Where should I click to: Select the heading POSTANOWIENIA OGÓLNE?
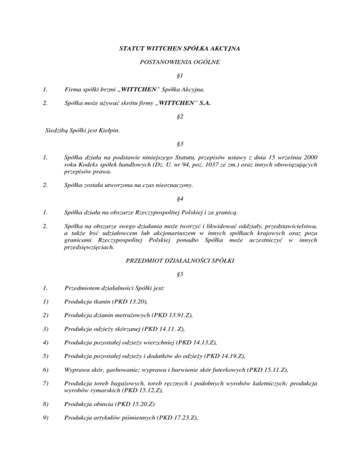click(180, 62)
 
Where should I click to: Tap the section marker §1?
click(180, 76)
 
